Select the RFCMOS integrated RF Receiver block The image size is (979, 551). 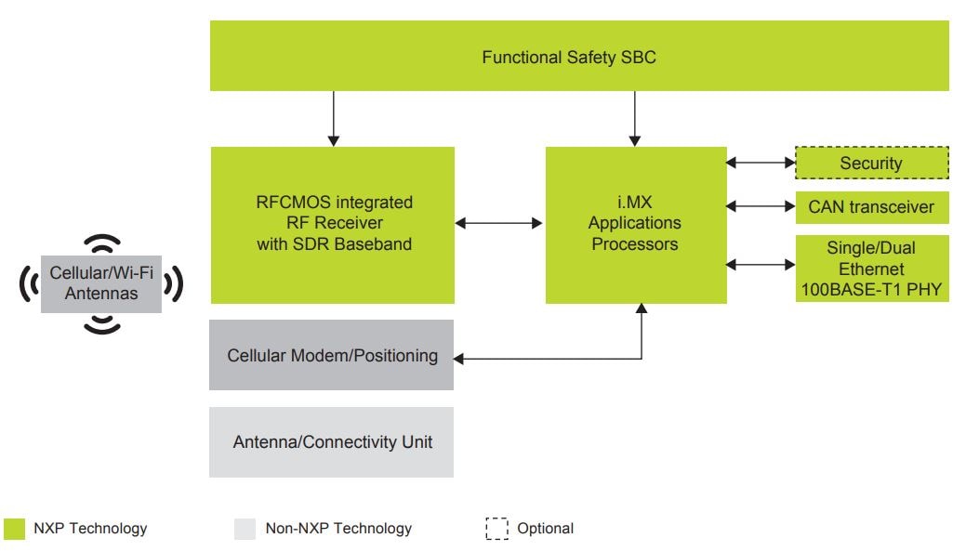point(333,224)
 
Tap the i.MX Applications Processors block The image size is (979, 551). point(635,224)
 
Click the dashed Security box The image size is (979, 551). point(871,164)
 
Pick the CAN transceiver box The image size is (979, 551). point(871,207)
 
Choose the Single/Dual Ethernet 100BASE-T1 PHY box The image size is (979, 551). point(871,269)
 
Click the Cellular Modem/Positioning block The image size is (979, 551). point(331,355)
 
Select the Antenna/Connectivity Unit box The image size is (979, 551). point(331,442)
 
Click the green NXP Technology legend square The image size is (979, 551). point(15,529)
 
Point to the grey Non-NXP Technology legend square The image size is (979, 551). point(245,529)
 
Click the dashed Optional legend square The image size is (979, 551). point(496,529)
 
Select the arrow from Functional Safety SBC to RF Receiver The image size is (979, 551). point(332,118)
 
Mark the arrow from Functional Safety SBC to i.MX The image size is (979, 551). point(635,118)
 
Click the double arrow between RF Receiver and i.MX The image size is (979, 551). point(500,223)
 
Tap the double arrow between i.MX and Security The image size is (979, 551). point(761,163)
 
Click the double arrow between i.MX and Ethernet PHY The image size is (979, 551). point(761,265)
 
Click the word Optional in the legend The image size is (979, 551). point(546,529)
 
